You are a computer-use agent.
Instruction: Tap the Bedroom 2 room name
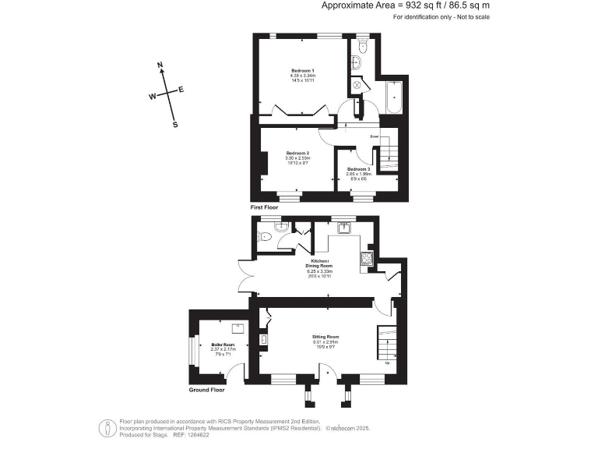click(x=298, y=153)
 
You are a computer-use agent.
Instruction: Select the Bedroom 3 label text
click(x=359, y=169)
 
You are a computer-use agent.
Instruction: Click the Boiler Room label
click(x=223, y=344)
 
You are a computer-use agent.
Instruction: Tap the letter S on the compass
click(x=175, y=124)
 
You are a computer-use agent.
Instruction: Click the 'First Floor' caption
click(x=264, y=208)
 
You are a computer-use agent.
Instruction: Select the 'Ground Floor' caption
click(x=208, y=389)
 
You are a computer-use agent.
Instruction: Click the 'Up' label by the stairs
click(x=387, y=362)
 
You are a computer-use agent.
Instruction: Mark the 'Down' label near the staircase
click(x=375, y=137)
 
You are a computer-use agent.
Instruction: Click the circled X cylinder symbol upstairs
click(x=357, y=84)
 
